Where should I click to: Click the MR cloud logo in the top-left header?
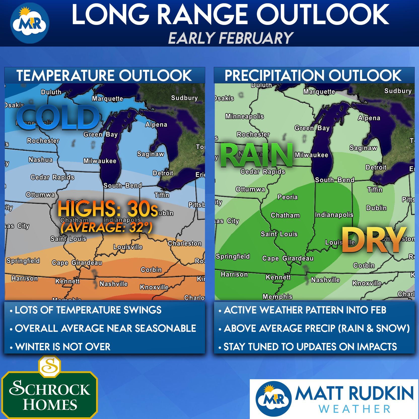point(29,23)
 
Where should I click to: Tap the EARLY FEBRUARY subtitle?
point(230,38)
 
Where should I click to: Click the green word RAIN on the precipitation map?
point(257,156)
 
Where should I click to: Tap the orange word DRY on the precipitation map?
point(374,240)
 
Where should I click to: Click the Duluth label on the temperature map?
point(51,92)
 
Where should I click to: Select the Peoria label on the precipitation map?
point(287,197)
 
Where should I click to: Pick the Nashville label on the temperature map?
point(114,284)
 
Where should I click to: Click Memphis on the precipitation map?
point(277,297)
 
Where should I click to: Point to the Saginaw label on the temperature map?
point(150,154)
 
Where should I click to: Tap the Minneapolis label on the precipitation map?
point(244,116)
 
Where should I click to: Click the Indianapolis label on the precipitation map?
point(334,215)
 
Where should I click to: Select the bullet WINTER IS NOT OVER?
point(63,347)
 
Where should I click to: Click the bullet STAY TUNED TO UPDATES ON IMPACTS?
point(310,347)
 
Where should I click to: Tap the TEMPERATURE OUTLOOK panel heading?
point(104,76)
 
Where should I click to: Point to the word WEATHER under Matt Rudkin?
point(354,409)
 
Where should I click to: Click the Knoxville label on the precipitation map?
point(367,283)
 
